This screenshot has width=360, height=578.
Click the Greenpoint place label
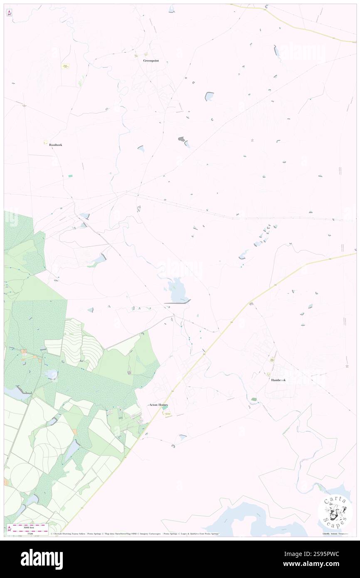pyautogui.click(x=151, y=61)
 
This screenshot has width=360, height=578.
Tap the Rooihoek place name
pyautogui.click(x=56, y=145)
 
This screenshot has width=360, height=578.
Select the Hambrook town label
pyautogui.click(x=278, y=380)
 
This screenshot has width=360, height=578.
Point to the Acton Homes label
pyautogui.click(x=158, y=405)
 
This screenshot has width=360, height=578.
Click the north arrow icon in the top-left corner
pyautogui.click(x=9, y=13)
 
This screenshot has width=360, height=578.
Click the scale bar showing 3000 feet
pyautogui.click(x=29, y=526)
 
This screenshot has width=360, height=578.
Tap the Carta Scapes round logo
pyautogui.click(x=335, y=511)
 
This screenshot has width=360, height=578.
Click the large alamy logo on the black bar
pyautogui.click(x=42, y=558)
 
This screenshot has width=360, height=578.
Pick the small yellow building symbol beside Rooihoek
pyautogui.click(x=45, y=142)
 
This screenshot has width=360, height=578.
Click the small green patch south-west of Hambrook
pyautogui.click(x=254, y=400)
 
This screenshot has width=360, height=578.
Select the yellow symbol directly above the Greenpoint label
pyautogui.click(x=146, y=54)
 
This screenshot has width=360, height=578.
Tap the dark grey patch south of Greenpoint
pyautogui.click(x=181, y=138)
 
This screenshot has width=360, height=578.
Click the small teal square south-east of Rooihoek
pyautogui.click(x=70, y=176)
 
